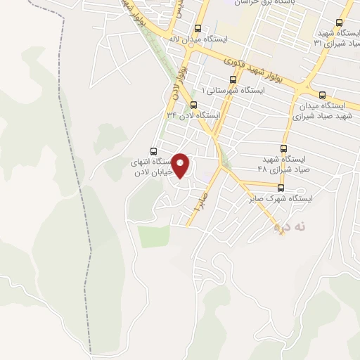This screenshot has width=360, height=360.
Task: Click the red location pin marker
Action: [x=182, y=166]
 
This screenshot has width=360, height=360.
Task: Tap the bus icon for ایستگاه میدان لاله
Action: [x=198, y=30]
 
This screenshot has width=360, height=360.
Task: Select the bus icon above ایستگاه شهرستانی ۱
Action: [x=233, y=79]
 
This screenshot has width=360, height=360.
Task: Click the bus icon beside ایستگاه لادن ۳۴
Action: [x=184, y=105]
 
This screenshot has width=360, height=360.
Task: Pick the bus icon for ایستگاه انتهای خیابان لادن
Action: [x=154, y=150]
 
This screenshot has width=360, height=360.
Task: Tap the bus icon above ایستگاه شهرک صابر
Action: [x=281, y=188]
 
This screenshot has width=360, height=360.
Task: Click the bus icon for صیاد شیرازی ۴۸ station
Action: [x=284, y=148]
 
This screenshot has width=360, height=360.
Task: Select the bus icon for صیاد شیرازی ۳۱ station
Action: [x=340, y=22]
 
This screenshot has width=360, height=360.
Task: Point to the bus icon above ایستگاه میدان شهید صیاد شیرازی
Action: [x=322, y=95]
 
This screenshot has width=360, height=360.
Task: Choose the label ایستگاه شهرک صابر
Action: [x=281, y=199]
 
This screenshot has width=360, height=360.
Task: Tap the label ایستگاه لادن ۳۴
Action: [x=193, y=115]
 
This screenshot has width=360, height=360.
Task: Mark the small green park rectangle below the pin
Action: [x=154, y=236]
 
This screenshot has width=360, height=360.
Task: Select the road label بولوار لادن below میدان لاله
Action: [x=181, y=81]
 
